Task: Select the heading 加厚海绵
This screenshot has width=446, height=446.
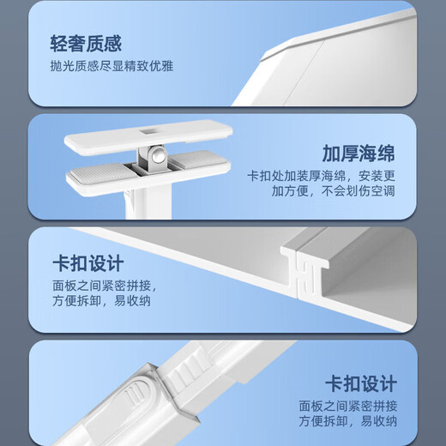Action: [359, 154]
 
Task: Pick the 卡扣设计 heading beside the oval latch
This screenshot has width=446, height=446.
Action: [360, 383]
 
